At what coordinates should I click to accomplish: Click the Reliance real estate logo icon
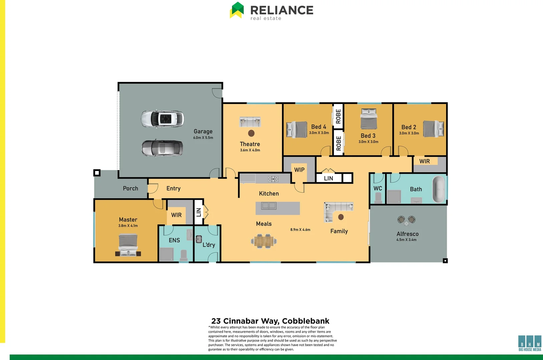237,10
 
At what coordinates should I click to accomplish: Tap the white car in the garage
162,119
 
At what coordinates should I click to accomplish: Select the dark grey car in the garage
162,148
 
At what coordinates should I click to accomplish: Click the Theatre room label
250,144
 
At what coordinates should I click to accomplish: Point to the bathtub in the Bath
439,189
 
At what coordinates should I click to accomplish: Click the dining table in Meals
264,241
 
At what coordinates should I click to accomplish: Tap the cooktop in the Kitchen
273,179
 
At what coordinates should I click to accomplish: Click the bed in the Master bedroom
128,245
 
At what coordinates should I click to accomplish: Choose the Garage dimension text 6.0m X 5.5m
203,138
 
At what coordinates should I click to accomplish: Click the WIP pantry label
299,170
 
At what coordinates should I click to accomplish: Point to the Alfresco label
407,234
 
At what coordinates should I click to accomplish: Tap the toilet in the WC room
378,198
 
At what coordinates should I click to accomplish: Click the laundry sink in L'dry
199,239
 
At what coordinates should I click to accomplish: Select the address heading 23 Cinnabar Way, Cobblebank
270,321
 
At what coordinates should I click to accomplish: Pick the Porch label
130,188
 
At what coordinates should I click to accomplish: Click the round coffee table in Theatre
251,133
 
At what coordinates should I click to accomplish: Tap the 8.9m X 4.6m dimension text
300,230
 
